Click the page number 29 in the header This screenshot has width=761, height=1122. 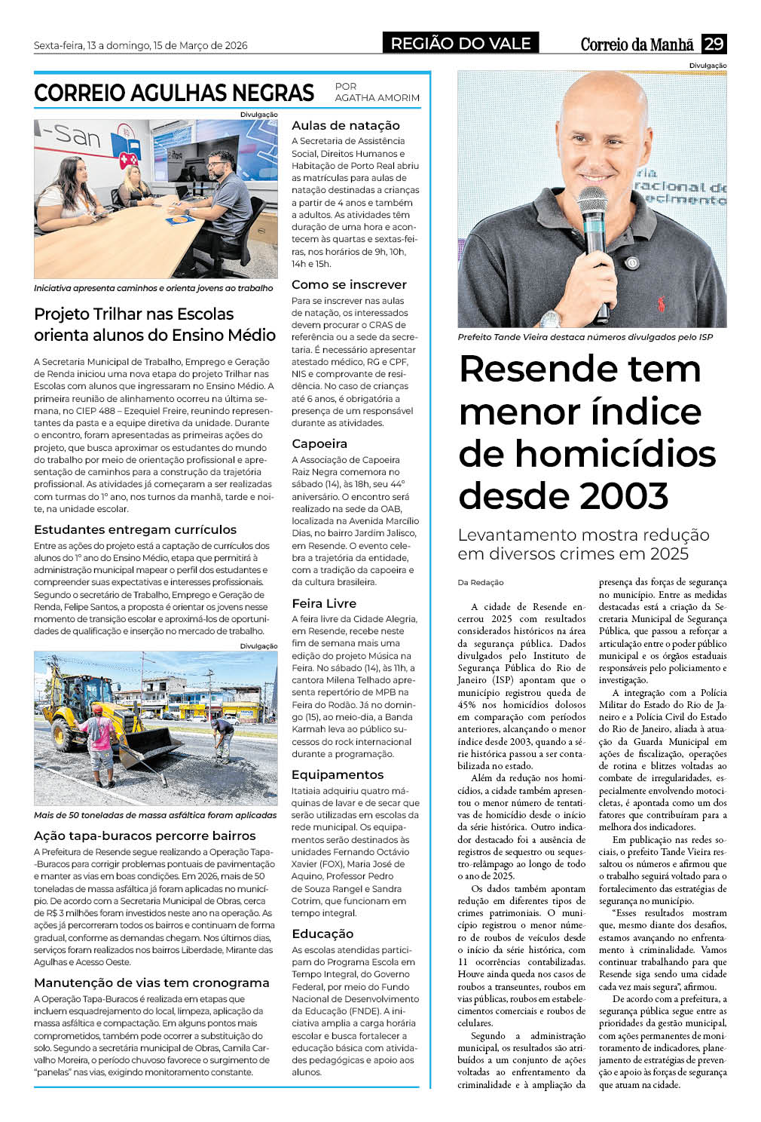[x=714, y=44]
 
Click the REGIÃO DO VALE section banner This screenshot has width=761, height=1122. [x=460, y=44]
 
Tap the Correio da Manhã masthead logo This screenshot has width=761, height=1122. [x=636, y=44]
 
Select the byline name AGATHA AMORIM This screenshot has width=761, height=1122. [x=377, y=98]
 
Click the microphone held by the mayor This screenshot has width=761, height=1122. [x=594, y=226]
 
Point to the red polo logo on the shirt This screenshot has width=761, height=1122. [x=661, y=304]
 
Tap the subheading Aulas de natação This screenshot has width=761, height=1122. [x=345, y=126]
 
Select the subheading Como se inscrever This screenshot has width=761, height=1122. [x=349, y=285]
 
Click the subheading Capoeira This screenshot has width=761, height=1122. [x=319, y=444]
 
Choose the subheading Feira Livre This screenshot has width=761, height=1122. [x=324, y=603]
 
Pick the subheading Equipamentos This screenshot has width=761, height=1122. [x=338, y=774]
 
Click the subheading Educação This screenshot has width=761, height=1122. [x=322, y=933]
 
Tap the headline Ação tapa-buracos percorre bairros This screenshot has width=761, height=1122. [x=145, y=835]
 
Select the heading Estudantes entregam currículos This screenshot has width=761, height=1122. [x=135, y=529]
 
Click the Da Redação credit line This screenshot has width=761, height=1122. [x=481, y=582]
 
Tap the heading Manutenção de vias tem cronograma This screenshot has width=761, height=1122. [x=151, y=983]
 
